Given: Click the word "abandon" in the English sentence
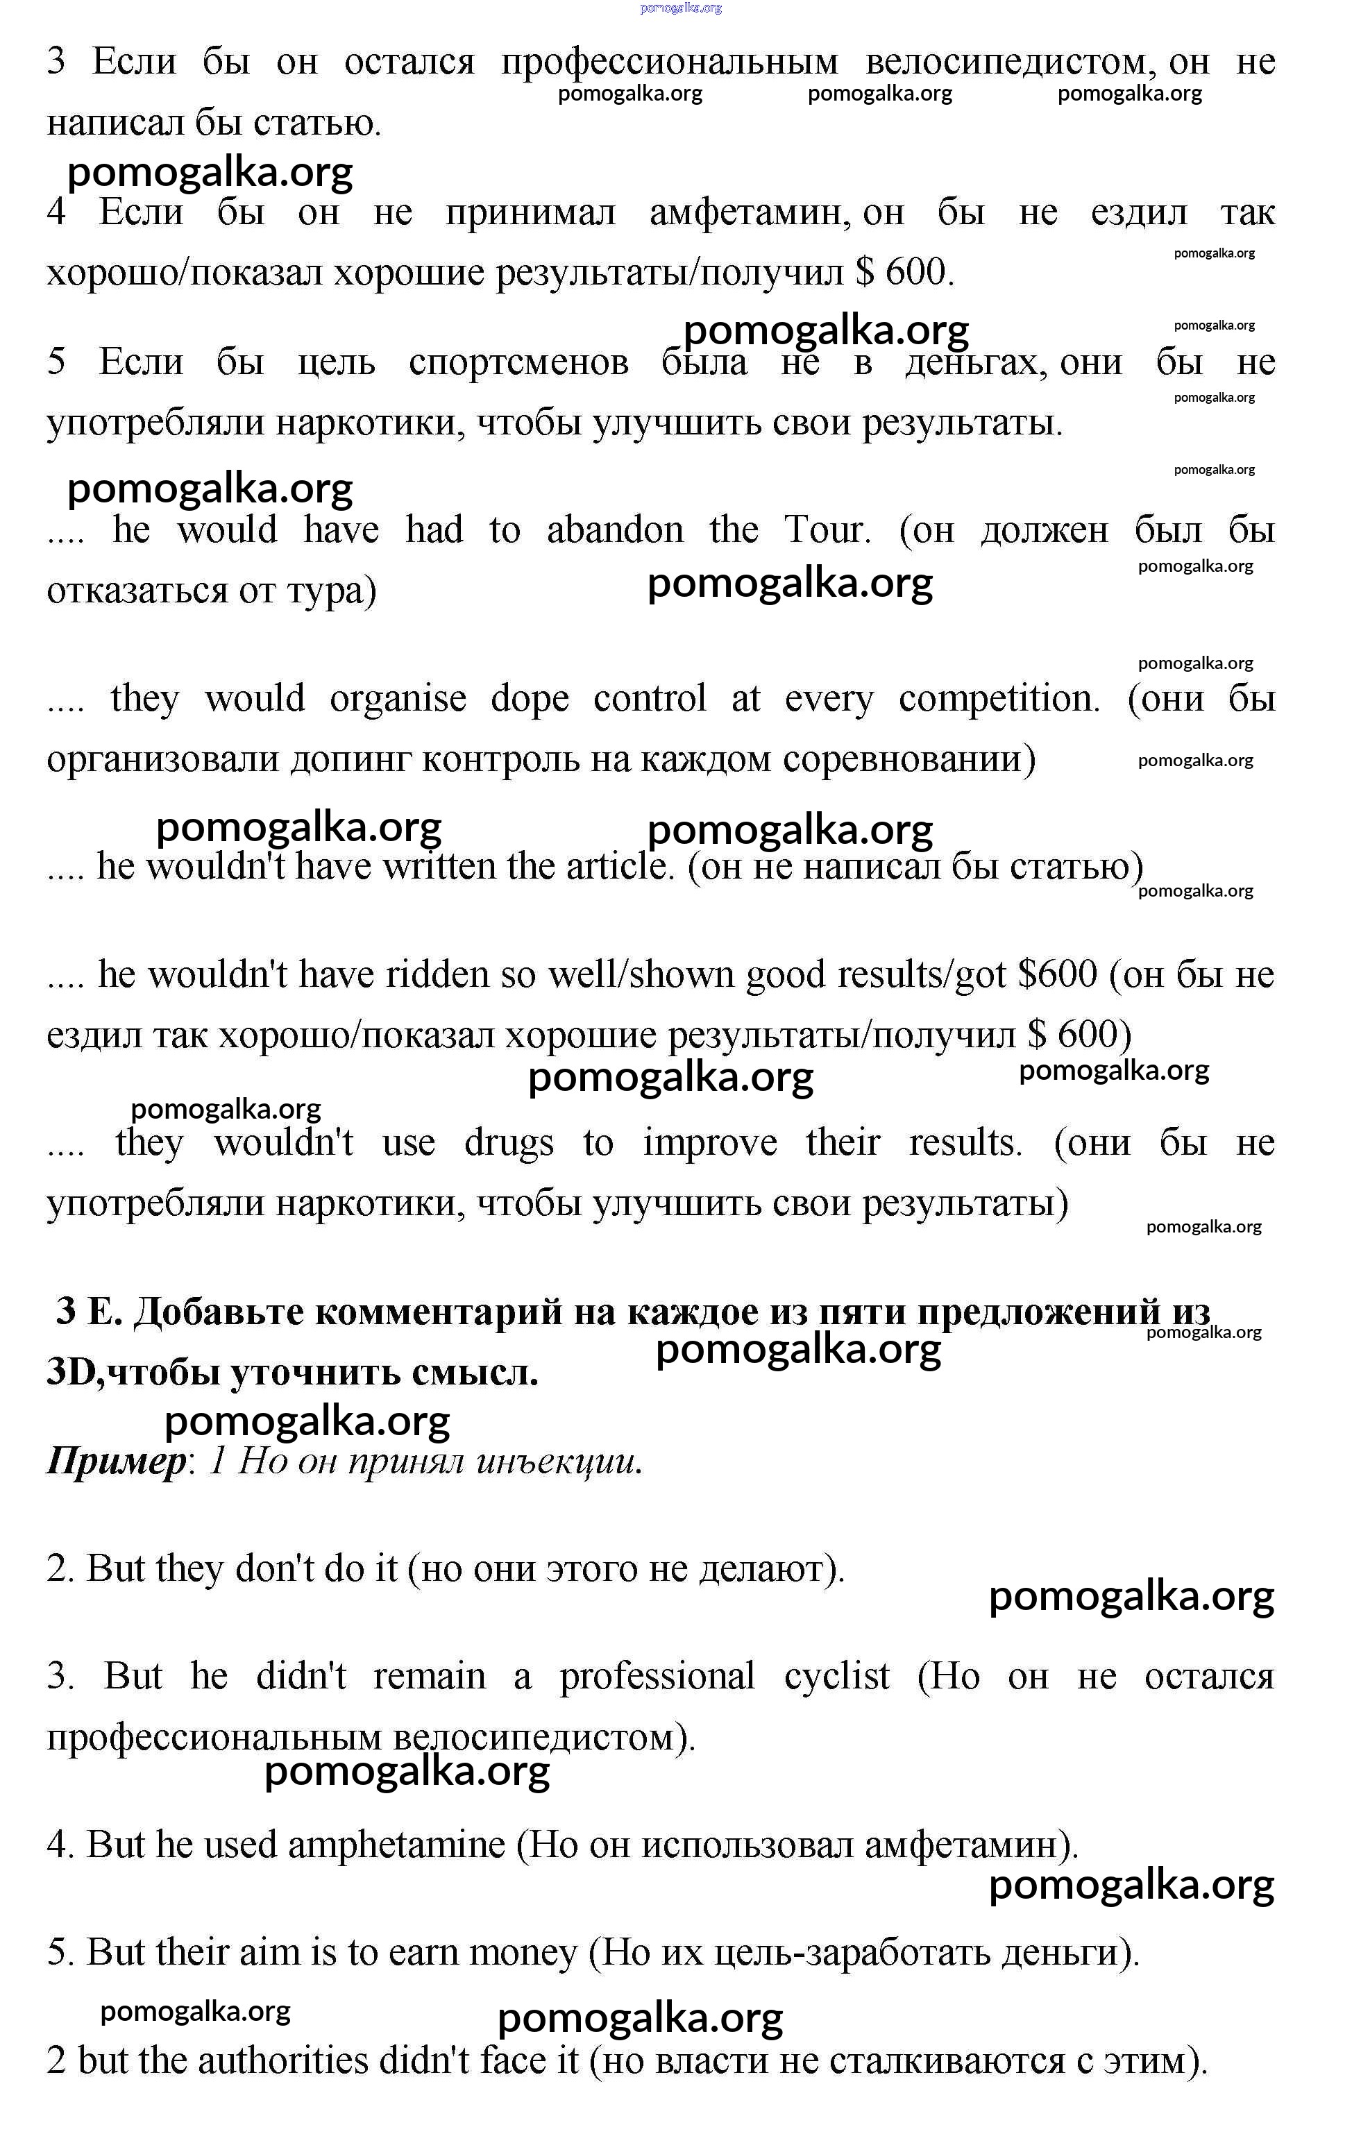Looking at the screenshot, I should [x=614, y=530].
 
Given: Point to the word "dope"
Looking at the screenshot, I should [x=530, y=699].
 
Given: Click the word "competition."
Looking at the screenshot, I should [x=999, y=699].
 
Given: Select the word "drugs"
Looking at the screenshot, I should [x=508, y=1143].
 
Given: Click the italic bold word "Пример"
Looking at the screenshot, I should [x=116, y=1462].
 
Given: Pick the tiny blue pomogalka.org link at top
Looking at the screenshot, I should [x=680, y=8].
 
